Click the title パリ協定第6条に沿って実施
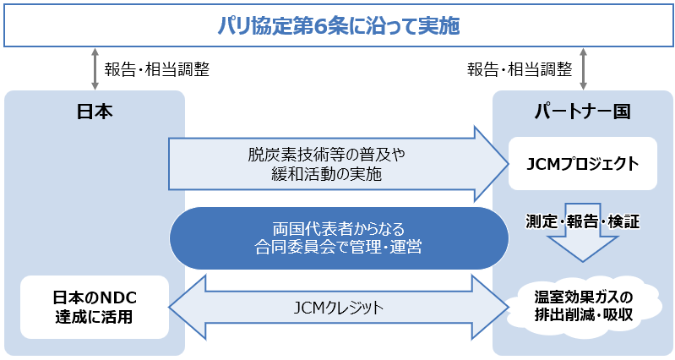point(337,25)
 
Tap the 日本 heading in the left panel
point(95,112)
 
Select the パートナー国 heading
point(582,112)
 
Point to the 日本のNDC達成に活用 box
point(95,307)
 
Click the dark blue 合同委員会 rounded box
point(339,238)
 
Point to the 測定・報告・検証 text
point(582,222)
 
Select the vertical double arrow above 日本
point(95,68)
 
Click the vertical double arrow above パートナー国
point(582,68)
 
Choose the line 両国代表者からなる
point(339,229)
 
